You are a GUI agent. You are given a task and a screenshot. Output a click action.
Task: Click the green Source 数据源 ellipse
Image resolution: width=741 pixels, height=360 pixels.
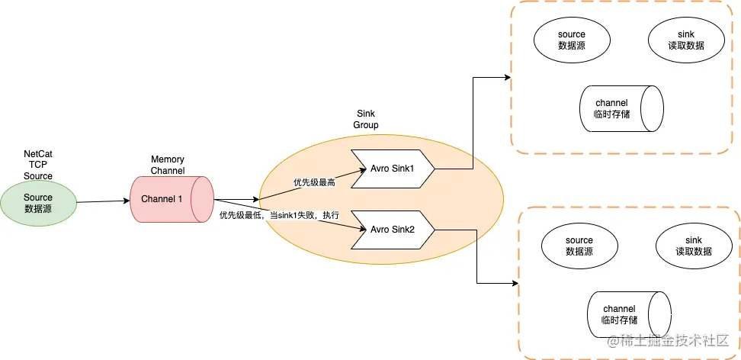38,203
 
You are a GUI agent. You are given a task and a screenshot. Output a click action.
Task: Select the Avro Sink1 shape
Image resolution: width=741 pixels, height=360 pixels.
392,168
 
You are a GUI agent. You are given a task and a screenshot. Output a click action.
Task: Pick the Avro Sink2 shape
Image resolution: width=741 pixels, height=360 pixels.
392,229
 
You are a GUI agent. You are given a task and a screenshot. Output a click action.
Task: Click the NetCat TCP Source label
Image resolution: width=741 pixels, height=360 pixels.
38,165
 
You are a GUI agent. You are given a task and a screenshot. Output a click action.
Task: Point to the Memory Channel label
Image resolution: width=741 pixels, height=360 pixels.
168,165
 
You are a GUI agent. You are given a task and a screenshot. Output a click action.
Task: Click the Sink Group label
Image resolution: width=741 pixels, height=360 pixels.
366,119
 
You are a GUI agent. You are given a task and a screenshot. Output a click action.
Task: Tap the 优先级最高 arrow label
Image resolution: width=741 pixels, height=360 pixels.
315,183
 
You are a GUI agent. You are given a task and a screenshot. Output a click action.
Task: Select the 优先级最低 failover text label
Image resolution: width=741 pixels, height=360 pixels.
279,216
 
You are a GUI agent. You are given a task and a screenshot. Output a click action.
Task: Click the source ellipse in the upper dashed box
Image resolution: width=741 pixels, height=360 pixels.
571,40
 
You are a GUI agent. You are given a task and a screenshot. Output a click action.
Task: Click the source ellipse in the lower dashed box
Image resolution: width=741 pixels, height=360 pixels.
579,246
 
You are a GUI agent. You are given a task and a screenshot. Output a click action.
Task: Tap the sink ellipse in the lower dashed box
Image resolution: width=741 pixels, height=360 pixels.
693,246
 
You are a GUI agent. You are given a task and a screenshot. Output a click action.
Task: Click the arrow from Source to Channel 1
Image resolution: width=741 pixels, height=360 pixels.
103,201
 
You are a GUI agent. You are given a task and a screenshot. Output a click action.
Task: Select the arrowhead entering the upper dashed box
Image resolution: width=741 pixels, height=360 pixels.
506,77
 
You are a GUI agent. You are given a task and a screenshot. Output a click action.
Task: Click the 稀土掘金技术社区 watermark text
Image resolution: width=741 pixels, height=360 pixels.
671,341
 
